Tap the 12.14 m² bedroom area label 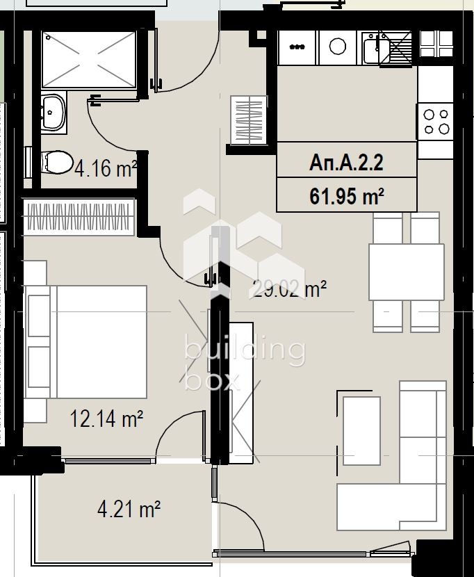[x=106, y=418]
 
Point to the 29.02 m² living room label [x=288, y=288]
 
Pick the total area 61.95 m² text [x=346, y=196]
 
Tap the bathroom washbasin [x=53, y=112]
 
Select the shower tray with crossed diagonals [x=89, y=59]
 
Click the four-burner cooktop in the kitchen [x=436, y=122]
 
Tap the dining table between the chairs [x=406, y=272]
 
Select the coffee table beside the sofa [x=361, y=430]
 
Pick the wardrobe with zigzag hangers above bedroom [x=79, y=217]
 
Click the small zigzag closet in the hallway [x=248, y=122]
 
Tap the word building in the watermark [x=244, y=350]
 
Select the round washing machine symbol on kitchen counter [x=338, y=47]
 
